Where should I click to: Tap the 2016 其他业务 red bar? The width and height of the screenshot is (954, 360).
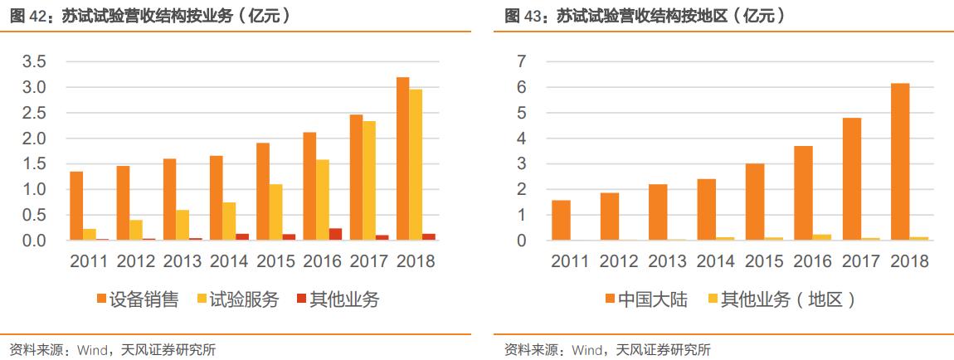pyautogui.click(x=335, y=234)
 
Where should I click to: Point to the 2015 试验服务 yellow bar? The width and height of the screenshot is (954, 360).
pyautogui.click(x=275, y=212)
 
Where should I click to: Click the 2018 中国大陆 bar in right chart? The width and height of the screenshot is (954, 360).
pyautogui.click(x=900, y=162)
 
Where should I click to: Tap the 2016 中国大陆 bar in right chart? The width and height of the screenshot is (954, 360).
pyautogui.click(x=802, y=193)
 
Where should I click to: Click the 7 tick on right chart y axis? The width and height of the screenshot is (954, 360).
pyautogui.click(x=521, y=62)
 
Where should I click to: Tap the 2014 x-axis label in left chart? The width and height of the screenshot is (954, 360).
pyautogui.click(x=229, y=261)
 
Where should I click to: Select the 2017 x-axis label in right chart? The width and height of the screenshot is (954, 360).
pyautogui.click(x=861, y=261)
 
